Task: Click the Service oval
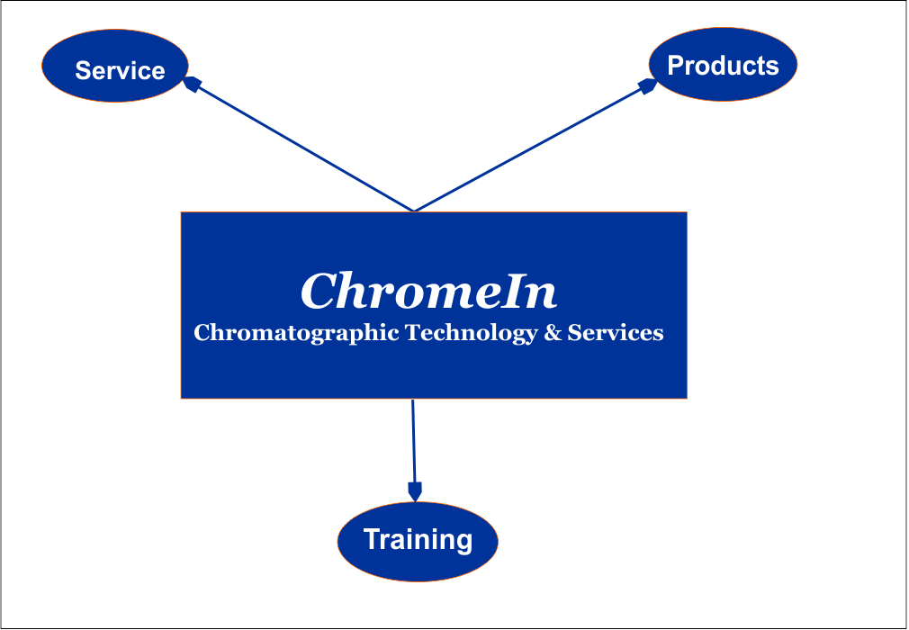pos(115,66)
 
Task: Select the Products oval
pos(723,64)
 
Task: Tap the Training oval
pos(418,541)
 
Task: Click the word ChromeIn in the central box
pos(429,291)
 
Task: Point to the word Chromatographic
pos(296,333)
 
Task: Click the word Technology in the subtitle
pos(472,333)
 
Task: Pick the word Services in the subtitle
pos(615,333)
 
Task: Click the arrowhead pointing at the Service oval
pos(192,84)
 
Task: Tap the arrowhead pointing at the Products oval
pos(647,86)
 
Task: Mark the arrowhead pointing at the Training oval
pos(415,491)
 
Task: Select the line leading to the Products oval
pos(530,149)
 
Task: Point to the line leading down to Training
pos(413,441)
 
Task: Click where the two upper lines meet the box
pos(414,211)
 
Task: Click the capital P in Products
pos(675,65)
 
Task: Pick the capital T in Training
pos(372,539)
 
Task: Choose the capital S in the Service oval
pos(84,71)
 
